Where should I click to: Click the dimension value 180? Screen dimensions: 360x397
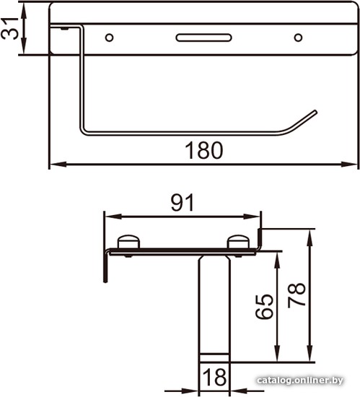coord(204,150)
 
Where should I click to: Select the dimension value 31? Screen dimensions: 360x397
coord(9,28)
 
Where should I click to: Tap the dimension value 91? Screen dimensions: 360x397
coord(183,203)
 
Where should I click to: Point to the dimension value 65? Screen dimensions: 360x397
coord(264,306)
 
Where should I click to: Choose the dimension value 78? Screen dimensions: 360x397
coord(297,295)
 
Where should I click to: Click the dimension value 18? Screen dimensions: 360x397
coord(214,377)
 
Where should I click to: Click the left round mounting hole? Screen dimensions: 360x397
coord(109,38)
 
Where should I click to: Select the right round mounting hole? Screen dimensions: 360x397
coord(298,38)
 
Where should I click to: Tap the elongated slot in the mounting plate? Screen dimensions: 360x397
coord(203,38)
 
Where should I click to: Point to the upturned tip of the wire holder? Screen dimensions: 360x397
coord(315,111)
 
